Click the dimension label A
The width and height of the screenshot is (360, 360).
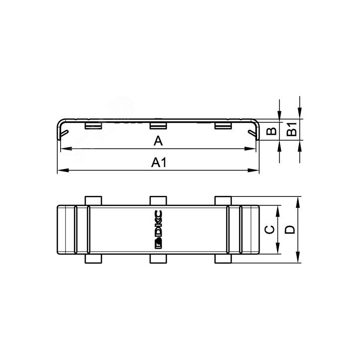pyautogui.click(x=158, y=142)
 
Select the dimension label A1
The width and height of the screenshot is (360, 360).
pyautogui.click(x=159, y=163)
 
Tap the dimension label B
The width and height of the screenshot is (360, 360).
pyautogui.click(x=271, y=131)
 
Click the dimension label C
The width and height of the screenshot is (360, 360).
pyautogui.click(x=268, y=230)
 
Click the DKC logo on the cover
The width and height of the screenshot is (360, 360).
pyautogui.click(x=159, y=230)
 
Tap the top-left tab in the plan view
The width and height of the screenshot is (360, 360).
pyautogui.click(x=93, y=200)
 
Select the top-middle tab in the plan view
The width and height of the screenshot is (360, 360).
pyautogui.click(x=158, y=200)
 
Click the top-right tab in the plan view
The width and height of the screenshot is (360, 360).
pyautogui.click(x=223, y=200)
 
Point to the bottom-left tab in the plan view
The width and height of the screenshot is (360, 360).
pyautogui.click(x=93, y=259)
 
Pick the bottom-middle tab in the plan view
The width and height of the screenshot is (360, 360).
pyautogui.click(x=158, y=259)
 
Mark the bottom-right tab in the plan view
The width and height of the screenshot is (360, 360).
pyautogui.click(x=223, y=259)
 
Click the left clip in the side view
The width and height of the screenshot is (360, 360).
pyautogui.click(x=93, y=126)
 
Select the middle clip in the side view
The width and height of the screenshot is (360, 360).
pyautogui.click(x=158, y=126)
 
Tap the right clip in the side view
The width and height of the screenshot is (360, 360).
pyautogui.click(x=223, y=126)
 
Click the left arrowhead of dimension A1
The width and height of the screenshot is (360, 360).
pyautogui.click(x=61, y=171)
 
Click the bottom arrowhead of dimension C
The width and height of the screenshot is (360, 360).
pyautogui.click(x=276, y=252)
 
